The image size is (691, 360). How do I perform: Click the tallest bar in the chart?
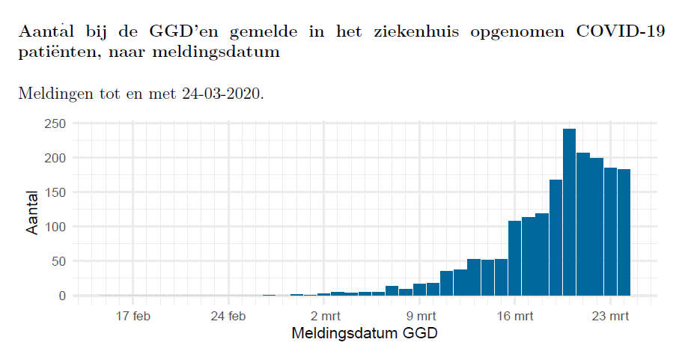569,213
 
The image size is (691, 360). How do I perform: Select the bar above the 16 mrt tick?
514,258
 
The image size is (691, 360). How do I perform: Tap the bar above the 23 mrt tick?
610,232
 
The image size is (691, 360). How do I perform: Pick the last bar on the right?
624,233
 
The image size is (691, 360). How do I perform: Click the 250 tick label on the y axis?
57,123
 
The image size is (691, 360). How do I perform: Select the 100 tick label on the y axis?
57,227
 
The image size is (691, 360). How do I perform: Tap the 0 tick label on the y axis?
63,296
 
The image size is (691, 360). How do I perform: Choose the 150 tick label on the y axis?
57,192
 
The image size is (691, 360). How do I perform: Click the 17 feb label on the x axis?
133,316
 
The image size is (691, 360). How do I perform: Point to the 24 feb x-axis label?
228,316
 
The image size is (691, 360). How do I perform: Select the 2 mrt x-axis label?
324,316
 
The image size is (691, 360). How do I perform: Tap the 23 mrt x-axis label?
610,316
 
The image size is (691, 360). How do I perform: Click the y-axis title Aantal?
32,212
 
